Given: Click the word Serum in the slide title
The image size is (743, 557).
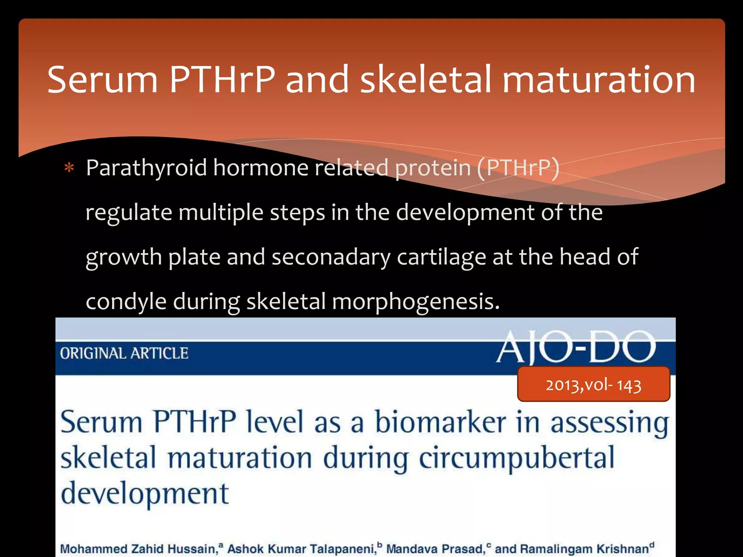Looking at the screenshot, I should (102, 80).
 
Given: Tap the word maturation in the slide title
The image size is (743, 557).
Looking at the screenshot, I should (599, 80).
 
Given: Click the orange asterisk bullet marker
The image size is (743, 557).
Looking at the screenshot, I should (69, 169).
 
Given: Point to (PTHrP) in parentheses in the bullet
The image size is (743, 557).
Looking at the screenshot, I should (518, 168).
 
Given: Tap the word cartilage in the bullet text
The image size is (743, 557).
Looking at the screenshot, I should (441, 257).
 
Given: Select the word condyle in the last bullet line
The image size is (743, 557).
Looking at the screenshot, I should (126, 302).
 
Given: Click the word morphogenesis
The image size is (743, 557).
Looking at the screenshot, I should (415, 302).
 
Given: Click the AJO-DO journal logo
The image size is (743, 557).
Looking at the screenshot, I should (576, 347).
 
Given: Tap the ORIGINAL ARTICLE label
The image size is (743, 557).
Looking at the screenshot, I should (124, 354).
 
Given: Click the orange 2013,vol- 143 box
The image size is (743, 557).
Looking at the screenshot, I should (594, 384).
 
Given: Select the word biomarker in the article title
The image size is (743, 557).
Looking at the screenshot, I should (440, 423).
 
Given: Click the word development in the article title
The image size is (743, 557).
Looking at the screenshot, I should (144, 494).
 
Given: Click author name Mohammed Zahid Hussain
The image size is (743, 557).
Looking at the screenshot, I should (138, 549).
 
